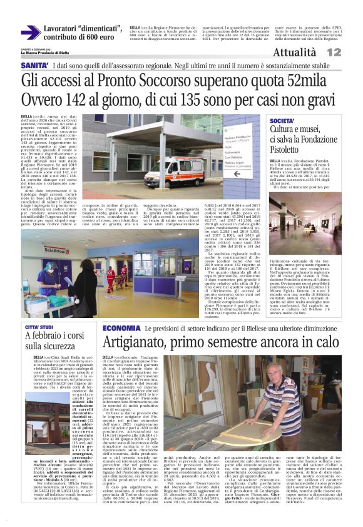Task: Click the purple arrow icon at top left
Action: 30,33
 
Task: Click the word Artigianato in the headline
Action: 144,343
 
